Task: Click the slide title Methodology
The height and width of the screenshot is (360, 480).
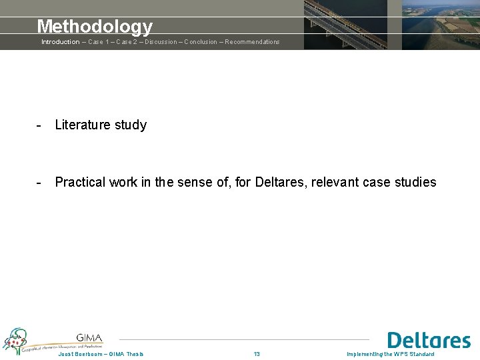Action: (x=95, y=27)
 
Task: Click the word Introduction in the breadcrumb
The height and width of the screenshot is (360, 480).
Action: (x=60, y=42)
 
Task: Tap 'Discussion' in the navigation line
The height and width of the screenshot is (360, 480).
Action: (x=159, y=42)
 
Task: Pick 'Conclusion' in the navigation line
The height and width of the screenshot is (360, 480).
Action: (x=201, y=42)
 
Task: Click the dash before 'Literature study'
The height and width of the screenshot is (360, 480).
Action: (x=40, y=125)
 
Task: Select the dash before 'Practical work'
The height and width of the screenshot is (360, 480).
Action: (x=40, y=182)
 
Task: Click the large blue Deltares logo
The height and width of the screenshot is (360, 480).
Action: (x=429, y=341)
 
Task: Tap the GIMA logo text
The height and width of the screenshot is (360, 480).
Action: (x=89, y=338)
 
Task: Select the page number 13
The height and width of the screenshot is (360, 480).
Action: (x=257, y=354)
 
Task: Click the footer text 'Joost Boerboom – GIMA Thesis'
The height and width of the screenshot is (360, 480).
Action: (x=101, y=354)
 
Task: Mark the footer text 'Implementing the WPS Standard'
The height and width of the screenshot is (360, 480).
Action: (x=390, y=354)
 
